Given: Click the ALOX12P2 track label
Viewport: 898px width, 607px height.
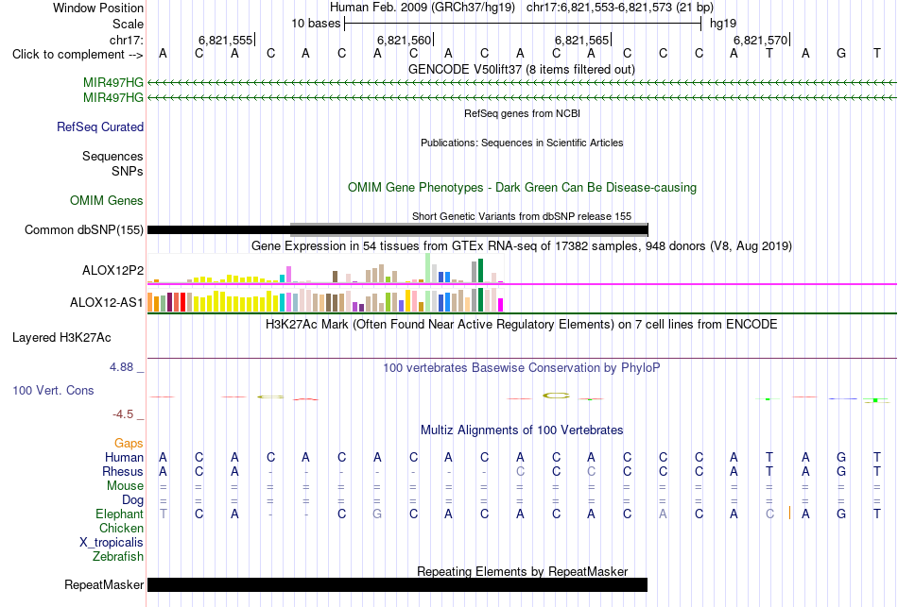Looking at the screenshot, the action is click(x=112, y=271).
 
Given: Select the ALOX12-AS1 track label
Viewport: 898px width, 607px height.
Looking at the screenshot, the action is click(x=107, y=303).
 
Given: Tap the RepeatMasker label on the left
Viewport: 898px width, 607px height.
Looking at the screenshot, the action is click(x=104, y=584).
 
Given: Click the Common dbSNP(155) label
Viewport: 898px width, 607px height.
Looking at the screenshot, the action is click(x=83, y=230).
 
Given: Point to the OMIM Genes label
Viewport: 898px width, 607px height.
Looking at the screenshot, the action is click(x=107, y=201).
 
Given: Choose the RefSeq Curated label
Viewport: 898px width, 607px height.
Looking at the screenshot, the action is click(x=100, y=127).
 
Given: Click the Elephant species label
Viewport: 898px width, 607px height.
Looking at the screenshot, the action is click(x=119, y=514).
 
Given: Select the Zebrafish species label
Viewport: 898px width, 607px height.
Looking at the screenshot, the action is click(x=118, y=557).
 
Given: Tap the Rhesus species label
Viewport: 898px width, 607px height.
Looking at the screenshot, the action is click(x=123, y=472).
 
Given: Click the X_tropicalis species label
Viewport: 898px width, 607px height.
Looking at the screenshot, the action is click(x=112, y=543).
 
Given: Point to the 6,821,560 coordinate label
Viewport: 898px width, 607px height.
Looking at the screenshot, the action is click(x=404, y=40).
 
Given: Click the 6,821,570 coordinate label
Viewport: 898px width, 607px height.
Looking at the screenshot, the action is click(x=760, y=40).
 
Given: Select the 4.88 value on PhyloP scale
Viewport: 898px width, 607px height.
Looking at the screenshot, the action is click(x=121, y=367).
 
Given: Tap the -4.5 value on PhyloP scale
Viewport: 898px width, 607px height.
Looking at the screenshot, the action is click(x=123, y=414).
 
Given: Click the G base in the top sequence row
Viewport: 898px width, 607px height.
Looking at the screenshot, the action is click(x=841, y=54).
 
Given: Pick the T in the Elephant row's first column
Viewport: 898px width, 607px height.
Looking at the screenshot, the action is click(x=164, y=514).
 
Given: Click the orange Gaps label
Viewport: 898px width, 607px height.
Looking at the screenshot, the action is click(x=129, y=444).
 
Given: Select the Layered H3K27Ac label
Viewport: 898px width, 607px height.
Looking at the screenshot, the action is click(x=61, y=338).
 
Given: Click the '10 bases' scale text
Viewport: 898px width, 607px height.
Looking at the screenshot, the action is click(x=316, y=24).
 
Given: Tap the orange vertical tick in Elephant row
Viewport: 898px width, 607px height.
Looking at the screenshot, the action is click(x=789, y=513).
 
